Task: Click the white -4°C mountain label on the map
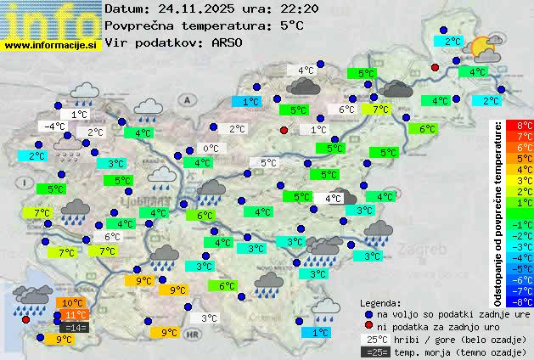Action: [x=55, y=127]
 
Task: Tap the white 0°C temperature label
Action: [x=210, y=149]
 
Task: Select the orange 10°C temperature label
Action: [x=72, y=303]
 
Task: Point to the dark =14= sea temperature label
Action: [x=74, y=327]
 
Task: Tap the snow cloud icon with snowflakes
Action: [x=68, y=148]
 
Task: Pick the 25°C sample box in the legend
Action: [x=376, y=339]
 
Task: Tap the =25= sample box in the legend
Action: [x=376, y=352]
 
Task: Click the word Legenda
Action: [x=380, y=302]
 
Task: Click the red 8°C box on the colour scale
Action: [x=525, y=126]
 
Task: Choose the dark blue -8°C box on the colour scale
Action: [x=525, y=301]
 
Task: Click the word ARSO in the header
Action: [x=228, y=42]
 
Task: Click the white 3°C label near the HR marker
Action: [x=208, y=318]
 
